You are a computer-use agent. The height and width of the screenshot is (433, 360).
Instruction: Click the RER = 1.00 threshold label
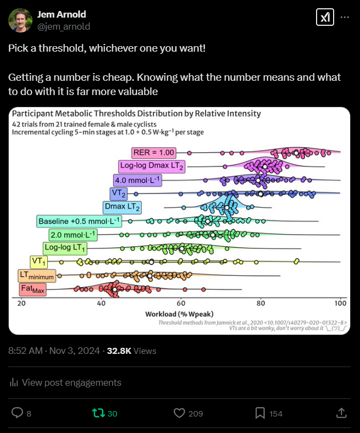[x=152, y=152]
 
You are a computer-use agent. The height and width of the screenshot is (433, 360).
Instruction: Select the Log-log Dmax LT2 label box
[x=152, y=166]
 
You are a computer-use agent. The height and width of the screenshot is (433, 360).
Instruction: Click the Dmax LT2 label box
[x=122, y=207]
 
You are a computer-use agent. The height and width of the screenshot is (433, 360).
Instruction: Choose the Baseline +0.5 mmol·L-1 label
[x=79, y=221]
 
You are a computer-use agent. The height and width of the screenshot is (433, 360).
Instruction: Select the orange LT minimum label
[x=36, y=276]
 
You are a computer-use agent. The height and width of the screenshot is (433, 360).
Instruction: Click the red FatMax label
[x=33, y=289]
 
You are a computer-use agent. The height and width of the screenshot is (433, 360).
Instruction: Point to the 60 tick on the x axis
[x=181, y=304]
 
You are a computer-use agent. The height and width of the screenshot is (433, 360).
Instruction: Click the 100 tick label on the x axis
[x=340, y=304]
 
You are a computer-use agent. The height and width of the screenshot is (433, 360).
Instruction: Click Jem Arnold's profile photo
[x=20, y=20]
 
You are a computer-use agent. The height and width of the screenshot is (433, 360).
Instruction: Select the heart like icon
[x=178, y=413]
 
